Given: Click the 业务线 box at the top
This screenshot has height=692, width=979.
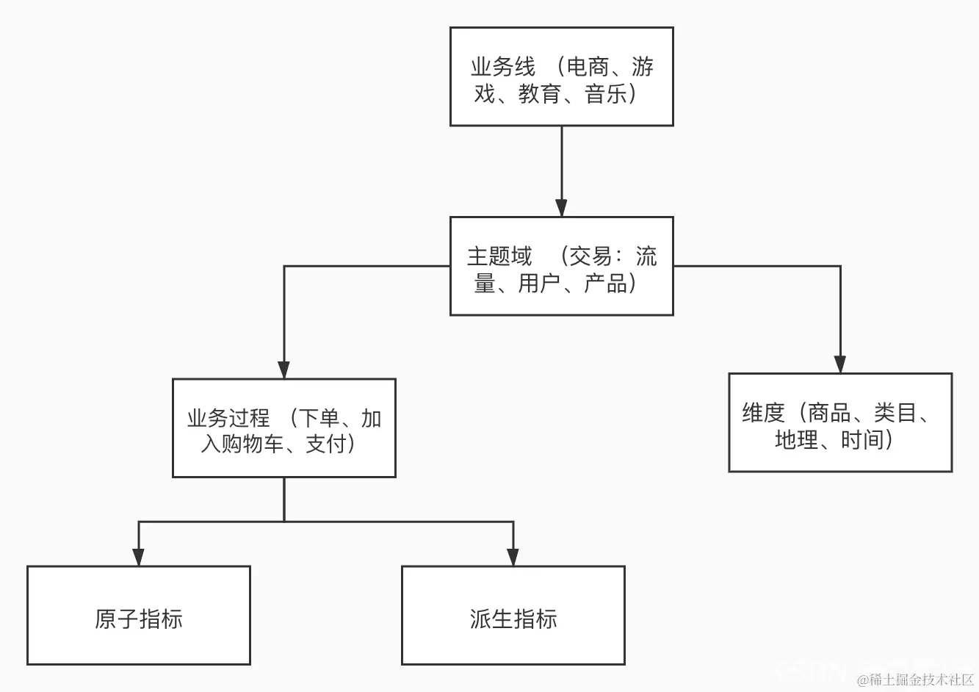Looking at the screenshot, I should [x=561, y=76].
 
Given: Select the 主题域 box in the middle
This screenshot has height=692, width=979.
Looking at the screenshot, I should [x=561, y=266].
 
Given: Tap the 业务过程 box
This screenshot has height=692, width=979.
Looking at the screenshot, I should [x=283, y=428].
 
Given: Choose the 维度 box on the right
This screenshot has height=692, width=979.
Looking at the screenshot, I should [x=839, y=422].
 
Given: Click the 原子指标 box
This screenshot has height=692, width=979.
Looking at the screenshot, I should [x=139, y=616].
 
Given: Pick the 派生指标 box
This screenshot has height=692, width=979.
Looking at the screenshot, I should [x=513, y=616].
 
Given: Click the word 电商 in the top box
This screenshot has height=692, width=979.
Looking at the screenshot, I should [x=588, y=67].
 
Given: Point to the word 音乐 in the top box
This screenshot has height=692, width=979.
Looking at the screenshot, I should [x=606, y=94].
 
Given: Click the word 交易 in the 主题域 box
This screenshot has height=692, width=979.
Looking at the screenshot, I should [x=590, y=256].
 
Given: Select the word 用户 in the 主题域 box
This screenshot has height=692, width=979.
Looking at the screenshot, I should [x=539, y=283].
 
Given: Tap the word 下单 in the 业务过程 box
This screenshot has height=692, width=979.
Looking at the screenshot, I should [x=318, y=419].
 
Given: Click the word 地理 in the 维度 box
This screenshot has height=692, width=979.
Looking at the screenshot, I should [x=796, y=439].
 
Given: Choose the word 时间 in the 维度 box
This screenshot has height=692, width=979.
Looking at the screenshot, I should [x=862, y=439].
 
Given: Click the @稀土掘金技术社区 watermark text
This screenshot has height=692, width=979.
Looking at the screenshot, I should [x=915, y=680].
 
